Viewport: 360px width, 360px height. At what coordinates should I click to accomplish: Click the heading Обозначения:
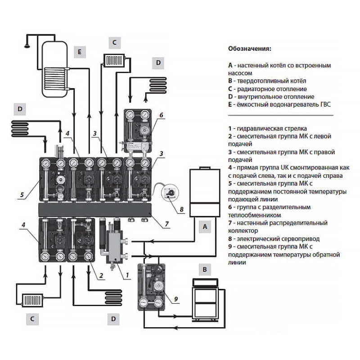point(250,49)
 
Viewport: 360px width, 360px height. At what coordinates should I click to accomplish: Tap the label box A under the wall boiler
point(205,227)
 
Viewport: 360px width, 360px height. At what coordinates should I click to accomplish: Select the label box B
point(205,270)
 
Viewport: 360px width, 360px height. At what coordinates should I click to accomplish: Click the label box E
point(79,52)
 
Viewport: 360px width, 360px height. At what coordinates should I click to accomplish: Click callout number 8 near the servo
point(181,209)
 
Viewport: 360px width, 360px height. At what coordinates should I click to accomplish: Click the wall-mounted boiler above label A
point(204,191)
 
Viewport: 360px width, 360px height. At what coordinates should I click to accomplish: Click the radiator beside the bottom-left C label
point(32,299)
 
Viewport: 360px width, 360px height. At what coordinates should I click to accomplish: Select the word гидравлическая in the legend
point(257,129)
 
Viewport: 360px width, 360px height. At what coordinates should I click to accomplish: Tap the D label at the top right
point(158,63)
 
